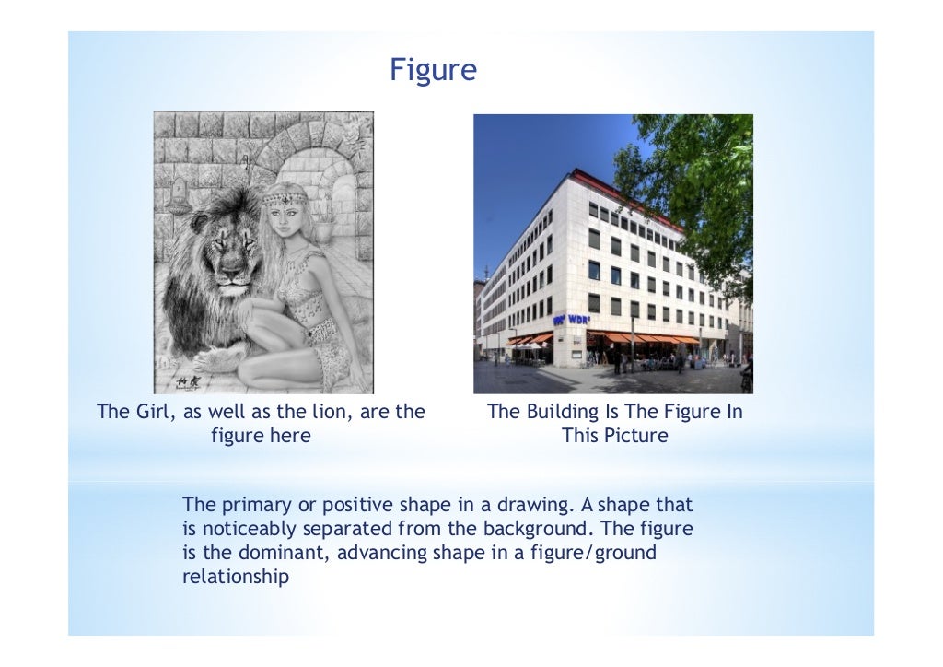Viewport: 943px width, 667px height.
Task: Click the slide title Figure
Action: click(x=433, y=70)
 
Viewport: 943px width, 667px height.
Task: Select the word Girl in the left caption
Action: click(x=153, y=412)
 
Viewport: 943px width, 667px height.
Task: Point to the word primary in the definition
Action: click(x=254, y=506)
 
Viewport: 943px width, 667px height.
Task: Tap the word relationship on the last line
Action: click(x=236, y=578)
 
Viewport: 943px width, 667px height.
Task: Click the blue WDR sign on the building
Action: click(x=570, y=319)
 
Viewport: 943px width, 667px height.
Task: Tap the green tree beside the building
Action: click(x=700, y=184)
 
